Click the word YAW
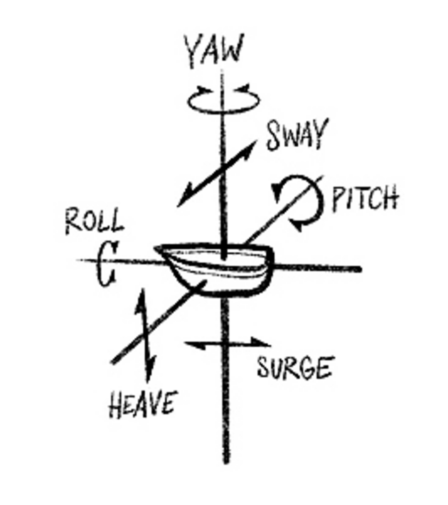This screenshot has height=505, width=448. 214,51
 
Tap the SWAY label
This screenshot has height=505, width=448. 297,135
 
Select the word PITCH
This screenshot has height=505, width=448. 365,199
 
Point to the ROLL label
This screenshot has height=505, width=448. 94,222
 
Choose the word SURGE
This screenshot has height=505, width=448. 294,368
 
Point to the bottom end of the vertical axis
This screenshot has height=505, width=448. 226,460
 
